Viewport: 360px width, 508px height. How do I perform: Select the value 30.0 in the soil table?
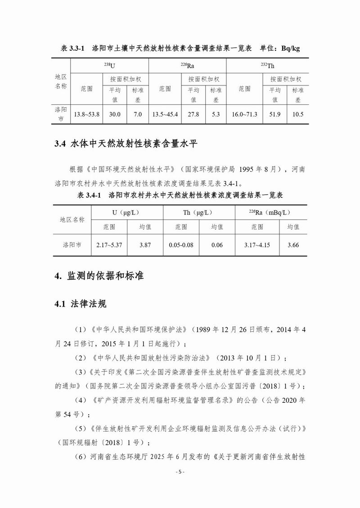point(115,115)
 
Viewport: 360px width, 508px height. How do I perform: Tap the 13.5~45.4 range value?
point(165,115)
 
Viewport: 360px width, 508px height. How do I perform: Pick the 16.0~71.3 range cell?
point(244,115)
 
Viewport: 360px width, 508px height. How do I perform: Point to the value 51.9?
point(275,115)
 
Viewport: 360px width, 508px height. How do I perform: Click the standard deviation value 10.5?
point(298,115)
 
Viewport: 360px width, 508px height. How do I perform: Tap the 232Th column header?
point(267,66)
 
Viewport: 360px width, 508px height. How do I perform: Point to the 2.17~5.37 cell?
point(109,245)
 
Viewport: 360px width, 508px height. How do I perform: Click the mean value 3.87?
point(145,245)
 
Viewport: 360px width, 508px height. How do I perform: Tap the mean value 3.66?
point(293,245)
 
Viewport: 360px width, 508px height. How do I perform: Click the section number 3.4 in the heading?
point(60,144)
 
